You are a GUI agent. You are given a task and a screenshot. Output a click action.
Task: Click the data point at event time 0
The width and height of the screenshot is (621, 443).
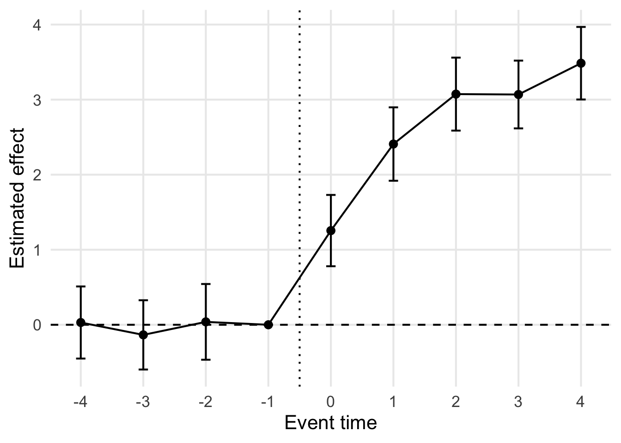pos(331,231)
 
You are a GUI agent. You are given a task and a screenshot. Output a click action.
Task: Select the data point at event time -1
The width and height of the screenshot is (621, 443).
pos(268,325)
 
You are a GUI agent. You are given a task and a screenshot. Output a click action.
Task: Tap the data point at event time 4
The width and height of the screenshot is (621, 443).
pos(581,63)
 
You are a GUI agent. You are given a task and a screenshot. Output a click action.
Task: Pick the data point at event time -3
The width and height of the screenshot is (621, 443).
pos(143,335)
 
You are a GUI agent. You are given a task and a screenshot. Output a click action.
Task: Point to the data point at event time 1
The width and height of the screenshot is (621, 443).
pos(393,144)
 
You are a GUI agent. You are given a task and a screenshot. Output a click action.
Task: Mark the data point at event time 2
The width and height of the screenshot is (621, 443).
pos(456,94)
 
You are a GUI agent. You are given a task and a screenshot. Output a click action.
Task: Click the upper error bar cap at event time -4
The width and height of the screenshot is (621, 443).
pos(81,287)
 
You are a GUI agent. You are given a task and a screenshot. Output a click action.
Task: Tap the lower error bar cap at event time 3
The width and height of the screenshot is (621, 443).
pos(518,128)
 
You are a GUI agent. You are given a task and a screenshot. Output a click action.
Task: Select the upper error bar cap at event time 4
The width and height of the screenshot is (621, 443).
pos(581,27)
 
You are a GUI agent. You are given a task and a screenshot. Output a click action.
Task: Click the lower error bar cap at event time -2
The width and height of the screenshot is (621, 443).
pos(206,359)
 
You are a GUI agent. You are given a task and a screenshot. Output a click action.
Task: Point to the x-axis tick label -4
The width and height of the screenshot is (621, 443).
pos(80,402)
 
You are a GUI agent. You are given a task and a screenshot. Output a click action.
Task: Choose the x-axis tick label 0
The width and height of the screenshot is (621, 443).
pos(331,402)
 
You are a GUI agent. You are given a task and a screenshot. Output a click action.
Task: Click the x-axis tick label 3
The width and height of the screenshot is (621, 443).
pos(518,402)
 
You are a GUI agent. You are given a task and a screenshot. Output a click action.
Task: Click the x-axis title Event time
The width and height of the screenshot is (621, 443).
pos(330,423)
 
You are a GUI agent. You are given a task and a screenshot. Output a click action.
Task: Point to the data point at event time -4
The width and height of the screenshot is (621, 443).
pos(81,323)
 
